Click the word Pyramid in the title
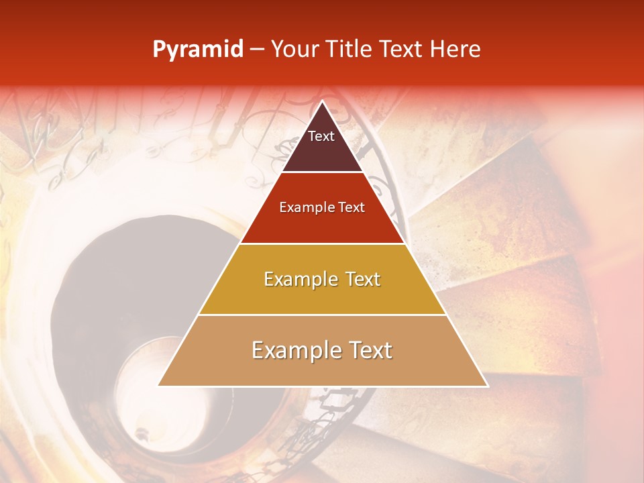click(x=198, y=50)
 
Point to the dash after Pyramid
click(x=257, y=50)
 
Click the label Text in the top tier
click(x=321, y=136)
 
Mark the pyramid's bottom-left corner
click(x=159, y=385)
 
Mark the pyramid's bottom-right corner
click(x=487, y=385)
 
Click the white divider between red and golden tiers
click(x=322, y=244)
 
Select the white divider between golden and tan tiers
click(x=322, y=315)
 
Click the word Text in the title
click(x=407, y=49)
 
